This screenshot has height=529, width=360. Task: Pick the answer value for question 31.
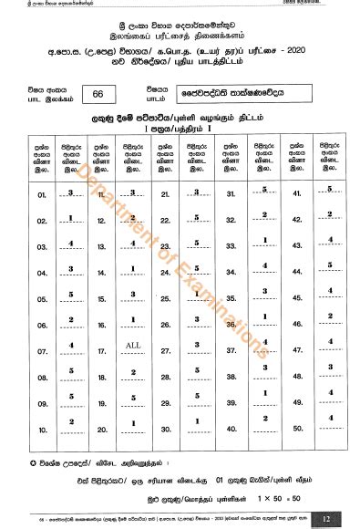263,191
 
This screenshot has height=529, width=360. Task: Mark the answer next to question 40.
263,418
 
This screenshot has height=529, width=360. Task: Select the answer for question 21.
197,191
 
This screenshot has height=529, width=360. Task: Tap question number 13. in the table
102,245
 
